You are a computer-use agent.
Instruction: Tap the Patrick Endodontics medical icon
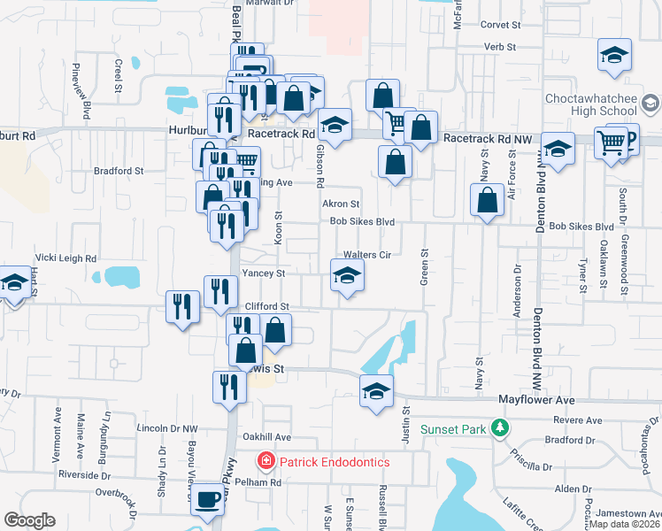click(265, 461)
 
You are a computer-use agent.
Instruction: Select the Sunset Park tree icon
click(500, 429)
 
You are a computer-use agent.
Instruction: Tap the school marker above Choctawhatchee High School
click(614, 55)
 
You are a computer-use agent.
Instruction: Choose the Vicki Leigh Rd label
click(67, 258)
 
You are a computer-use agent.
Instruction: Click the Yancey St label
click(263, 274)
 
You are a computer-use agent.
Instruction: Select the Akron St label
click(340, 204)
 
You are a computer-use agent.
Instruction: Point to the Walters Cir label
click(373, 254)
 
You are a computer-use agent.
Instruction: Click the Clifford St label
click(267, 306)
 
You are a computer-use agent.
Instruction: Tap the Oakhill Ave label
click(267, 437)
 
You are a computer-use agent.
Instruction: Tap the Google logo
click(29, 520)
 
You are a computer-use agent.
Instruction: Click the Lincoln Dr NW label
click(167, 428)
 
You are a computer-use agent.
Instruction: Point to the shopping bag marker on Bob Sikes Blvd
click(487, 200)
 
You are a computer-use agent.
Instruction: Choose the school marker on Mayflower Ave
click(376, 390)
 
